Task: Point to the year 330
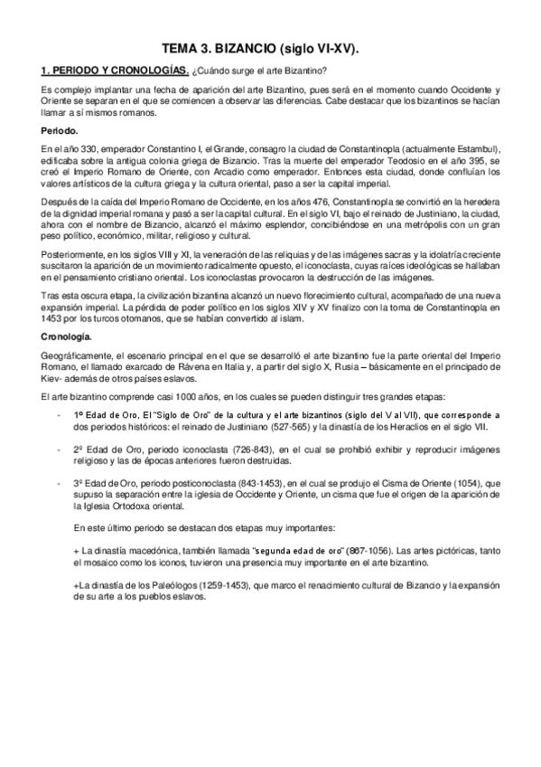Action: click(87, 147)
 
